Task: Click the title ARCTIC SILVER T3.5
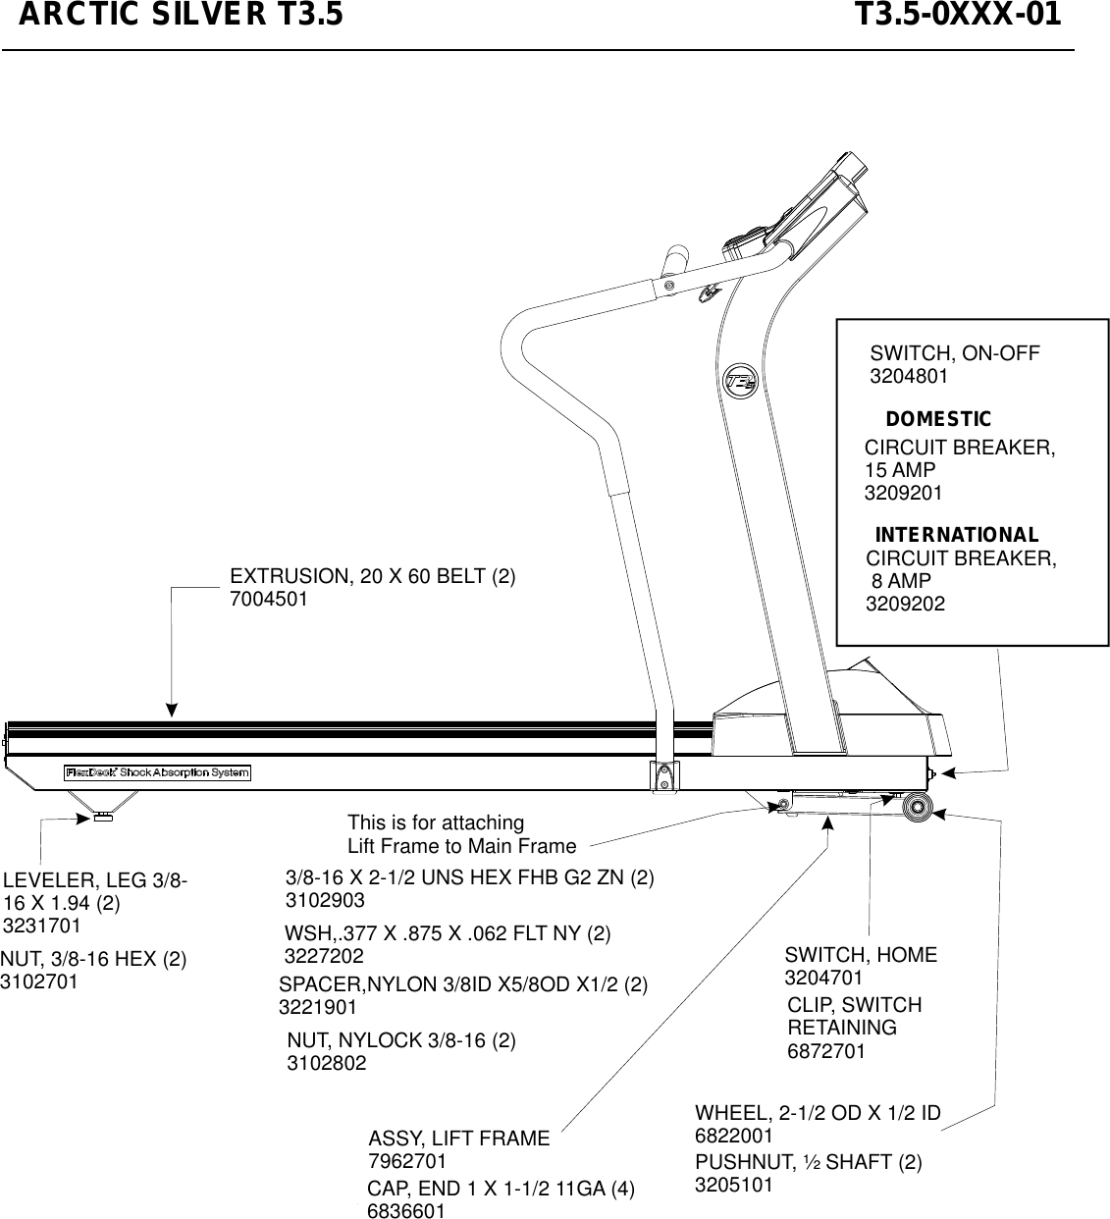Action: coord(182,17)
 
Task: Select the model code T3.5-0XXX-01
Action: coord(958,17)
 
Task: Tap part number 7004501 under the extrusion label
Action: coord(268,599)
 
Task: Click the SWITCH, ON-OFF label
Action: coord(955,353)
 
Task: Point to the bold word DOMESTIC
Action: coord(938,420)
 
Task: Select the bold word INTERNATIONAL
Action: coord(956,536)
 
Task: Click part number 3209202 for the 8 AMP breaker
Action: coord(905,605)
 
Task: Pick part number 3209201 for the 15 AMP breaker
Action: coord(903,493)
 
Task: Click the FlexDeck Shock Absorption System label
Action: coord(158,772)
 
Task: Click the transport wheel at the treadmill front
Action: coord(918,806)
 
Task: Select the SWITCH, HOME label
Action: coord(861,955)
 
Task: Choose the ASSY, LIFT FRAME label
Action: coord(458,1139)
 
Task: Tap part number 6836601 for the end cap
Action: coord(405,1211)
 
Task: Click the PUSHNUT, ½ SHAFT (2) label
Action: coord(808,1162)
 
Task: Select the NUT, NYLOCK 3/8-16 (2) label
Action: coord(401,1039)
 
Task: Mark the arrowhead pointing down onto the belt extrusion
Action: coord(172,710)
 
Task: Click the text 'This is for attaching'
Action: coord(436,822)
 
